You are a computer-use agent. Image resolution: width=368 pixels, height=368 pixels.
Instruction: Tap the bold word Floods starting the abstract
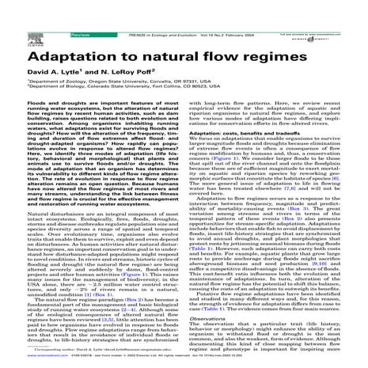pyautogui.click(x=17, y=104)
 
